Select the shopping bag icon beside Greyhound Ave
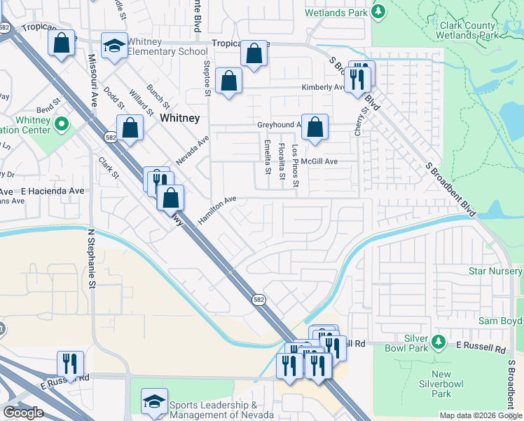click(315, 127)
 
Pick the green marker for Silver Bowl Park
click(439, 342)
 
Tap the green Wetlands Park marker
click(378, 11)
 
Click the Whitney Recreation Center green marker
click(61, 125)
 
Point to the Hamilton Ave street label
click(218, 209)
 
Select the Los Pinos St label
click(296, 167)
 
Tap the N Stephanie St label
click(91, 256)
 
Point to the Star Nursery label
click(495, 271)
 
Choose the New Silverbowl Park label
click(441, 384)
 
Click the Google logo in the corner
click(23, 413)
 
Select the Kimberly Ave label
click(322, 88)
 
